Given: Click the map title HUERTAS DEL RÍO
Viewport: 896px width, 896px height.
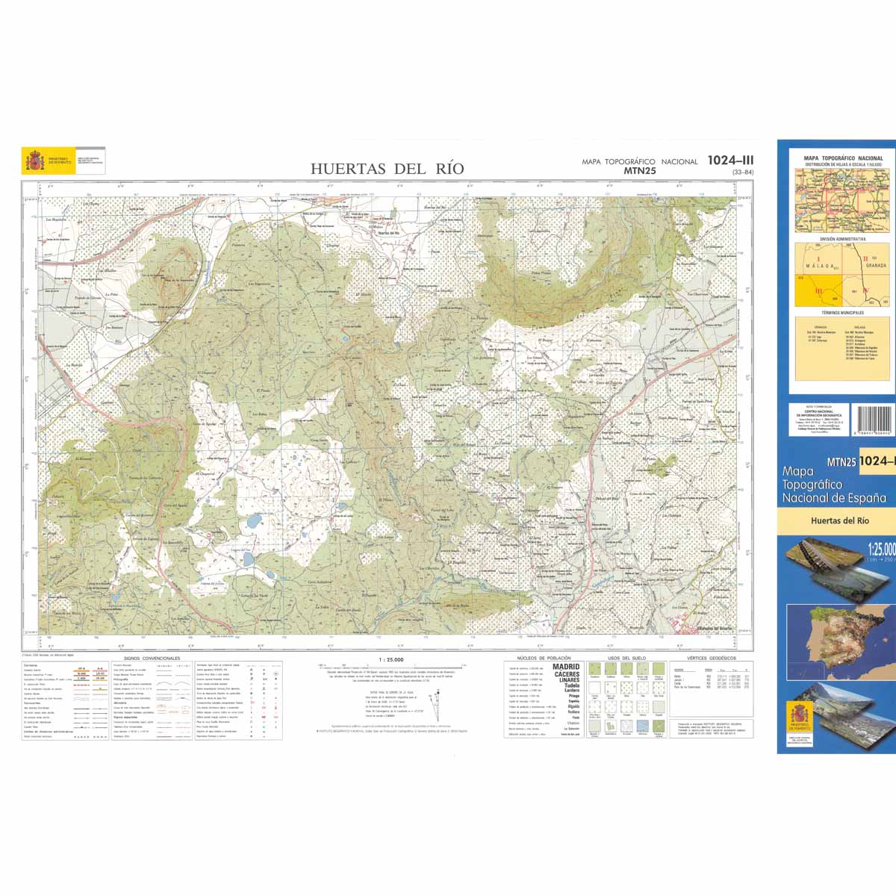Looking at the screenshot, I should point(387,169).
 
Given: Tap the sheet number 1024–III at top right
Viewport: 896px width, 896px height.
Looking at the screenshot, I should point(730,160).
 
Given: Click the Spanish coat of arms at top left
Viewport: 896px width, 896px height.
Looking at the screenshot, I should point(34,161).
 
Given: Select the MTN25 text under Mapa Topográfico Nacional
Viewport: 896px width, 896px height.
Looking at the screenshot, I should point(639,171).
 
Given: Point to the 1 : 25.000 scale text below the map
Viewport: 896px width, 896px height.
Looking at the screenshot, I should point(391,660).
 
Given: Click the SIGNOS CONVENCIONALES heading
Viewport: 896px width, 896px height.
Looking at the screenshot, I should point(152,659).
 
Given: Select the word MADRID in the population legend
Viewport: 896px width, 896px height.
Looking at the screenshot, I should point(566,667).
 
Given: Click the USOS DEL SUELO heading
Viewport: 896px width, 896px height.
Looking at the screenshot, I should point(626,659).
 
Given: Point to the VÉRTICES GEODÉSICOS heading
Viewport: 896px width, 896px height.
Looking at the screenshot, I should point(712,659).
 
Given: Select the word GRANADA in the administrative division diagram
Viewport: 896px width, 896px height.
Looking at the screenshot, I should point(875,265).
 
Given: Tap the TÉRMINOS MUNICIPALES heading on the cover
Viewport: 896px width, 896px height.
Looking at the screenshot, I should point(842,312).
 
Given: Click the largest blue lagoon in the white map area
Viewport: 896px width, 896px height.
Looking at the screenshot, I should point(255,520).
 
